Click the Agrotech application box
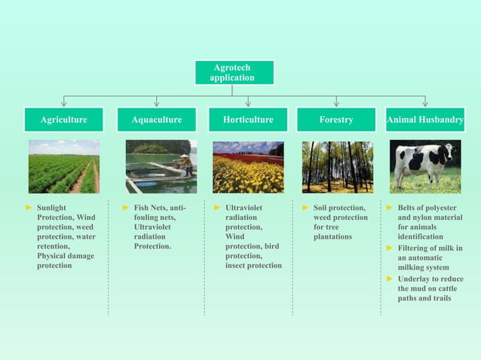coord(232,73)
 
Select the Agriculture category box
coord(64,120)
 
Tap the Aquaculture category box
coord(157,120)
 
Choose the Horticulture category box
coord(248,120)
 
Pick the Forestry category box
coord(336,120)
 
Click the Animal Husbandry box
coord(425,120)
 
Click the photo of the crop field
coord(64,166)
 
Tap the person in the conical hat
coord(184,163)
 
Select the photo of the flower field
coord(248,166)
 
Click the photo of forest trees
coord(337,166)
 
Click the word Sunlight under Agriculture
coord(52,207)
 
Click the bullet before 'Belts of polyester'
coord(390,207)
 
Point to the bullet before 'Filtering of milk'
coord(390,248)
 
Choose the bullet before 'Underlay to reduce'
coord(390,279)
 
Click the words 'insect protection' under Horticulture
coord(253,266)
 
